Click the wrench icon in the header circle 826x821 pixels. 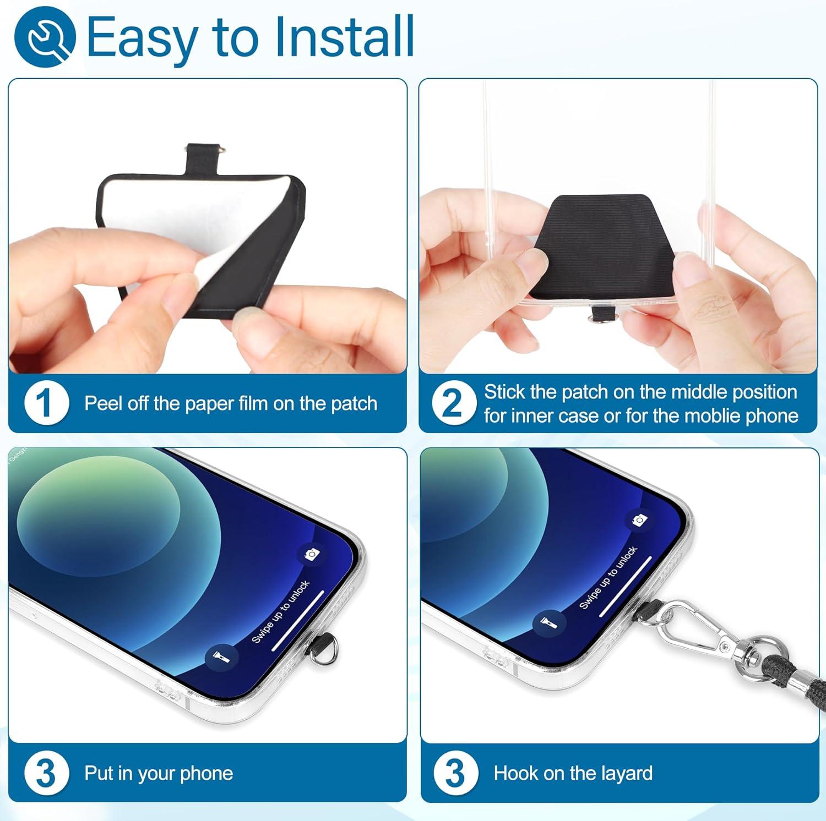coord(45,37)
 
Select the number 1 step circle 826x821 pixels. coord(47,403)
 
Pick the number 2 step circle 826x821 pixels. coord(454,403)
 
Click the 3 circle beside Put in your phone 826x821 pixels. coord(47,773)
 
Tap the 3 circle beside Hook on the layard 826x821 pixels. coord(455,773)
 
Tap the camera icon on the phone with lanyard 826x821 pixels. coord(639,520)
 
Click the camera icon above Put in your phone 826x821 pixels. coord(312,554)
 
